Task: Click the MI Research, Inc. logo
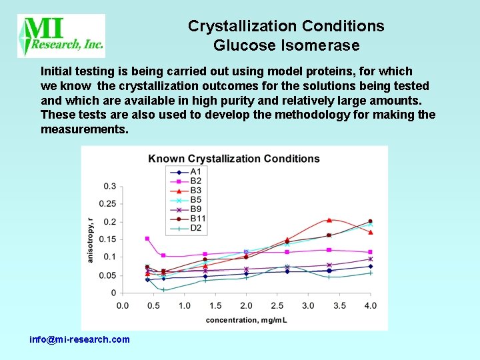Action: coord(61,36)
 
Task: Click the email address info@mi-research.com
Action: coord(80,339)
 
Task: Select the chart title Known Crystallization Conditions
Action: coord(234,159)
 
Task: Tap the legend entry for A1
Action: coord(187,171)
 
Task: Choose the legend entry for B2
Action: coord(187,181)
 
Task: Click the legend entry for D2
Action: coord(187,228)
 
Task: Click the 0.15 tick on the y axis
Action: coord(107,239)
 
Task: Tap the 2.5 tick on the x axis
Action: coord(277,305)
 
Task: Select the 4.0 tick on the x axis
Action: coord(370,305)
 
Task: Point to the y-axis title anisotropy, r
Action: coord(91,239)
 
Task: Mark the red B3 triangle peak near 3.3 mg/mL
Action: coord(329,219)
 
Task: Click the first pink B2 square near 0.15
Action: coord(147,239)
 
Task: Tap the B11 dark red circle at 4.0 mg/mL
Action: coord(370,221)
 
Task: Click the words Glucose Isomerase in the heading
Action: coord(286,45)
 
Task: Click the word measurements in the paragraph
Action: coord(83,129)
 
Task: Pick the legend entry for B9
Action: coord(187,209)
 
